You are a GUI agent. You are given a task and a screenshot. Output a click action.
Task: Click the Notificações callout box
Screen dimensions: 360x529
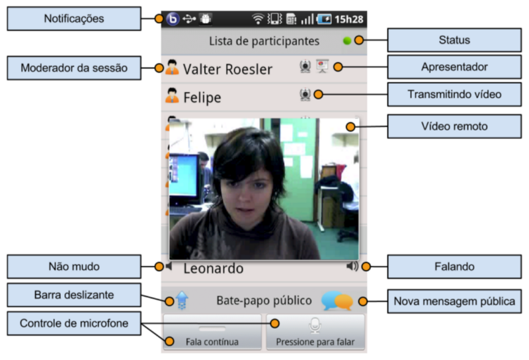click(74, 19)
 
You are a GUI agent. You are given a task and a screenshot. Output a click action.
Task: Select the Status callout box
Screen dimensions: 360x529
click(454, 40)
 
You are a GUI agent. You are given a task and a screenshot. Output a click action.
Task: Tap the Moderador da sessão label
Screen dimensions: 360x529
click(74, 67)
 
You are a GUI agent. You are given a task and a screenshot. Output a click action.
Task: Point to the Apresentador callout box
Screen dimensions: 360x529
click(454, 67)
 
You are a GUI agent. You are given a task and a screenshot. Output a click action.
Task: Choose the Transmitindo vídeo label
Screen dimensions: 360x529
click(454, 95)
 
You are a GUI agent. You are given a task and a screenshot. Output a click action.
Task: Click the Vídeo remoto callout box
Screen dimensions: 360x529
click(454, 126)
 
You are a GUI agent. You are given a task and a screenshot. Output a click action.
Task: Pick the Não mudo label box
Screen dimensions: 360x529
click(74, 267)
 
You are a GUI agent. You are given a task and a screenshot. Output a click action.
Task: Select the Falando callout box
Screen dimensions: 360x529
click(454, 267)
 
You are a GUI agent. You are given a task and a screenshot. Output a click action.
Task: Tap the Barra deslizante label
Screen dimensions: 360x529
click(74, 294)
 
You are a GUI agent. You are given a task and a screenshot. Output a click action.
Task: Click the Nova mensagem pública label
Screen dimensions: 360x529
click(454, 302)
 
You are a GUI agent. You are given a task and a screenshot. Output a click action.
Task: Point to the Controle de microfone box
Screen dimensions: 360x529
click(74, 324)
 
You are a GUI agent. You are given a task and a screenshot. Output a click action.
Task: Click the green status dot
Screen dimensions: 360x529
click(347, 41)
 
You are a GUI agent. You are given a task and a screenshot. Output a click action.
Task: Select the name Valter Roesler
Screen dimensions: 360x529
click(227, 69)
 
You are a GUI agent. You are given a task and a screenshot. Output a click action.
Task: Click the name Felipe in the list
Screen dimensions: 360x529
click(202, 97)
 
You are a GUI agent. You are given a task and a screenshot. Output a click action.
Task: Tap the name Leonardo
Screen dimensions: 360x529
click(214, 268)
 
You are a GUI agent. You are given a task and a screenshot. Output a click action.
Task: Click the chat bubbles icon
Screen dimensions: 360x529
click(337, 301)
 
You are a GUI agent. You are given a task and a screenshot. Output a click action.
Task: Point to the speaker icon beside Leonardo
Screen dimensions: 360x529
click(352, 267)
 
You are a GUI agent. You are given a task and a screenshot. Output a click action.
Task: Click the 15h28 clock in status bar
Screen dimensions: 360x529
click(349, 19)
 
